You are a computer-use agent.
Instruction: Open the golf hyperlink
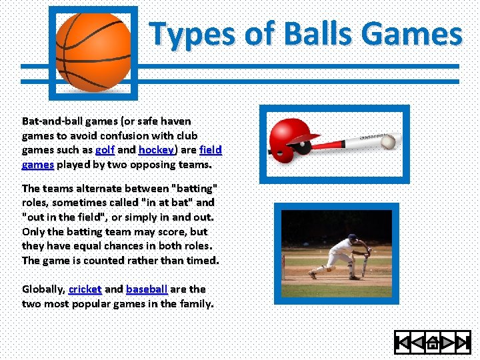coord(105,150)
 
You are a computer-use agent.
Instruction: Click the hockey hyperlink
coord(156,150)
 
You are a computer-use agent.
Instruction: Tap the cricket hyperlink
coord(85,289)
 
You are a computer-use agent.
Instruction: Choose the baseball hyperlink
coord(146,289)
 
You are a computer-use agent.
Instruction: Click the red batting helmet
coord(293,137)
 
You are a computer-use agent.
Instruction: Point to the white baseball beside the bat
coord(389,142)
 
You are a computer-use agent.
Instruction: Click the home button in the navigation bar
coord(433,343)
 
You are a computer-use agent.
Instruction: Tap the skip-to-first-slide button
coord(403,343)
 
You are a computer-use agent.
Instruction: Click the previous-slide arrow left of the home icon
coord(417,343)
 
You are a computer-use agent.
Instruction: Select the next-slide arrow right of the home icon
coord(448,343)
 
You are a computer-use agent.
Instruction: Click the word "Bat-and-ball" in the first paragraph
coord(50,121)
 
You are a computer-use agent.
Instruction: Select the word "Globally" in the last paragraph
coord(43,289)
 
